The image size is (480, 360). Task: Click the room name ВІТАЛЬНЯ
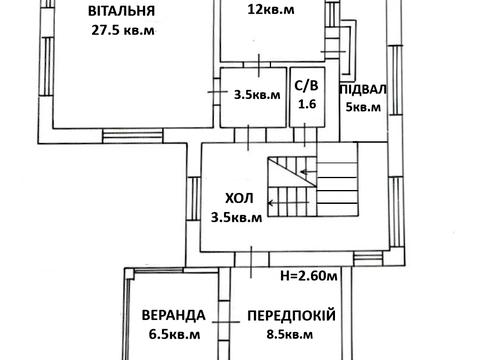point(120,12)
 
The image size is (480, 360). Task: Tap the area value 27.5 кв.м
point(121,30)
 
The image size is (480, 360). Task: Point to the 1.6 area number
point(304,103)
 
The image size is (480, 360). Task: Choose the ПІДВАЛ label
point(365,89)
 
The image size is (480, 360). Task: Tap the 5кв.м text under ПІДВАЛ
point(365,108)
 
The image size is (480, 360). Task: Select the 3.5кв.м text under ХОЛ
point(237,216)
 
